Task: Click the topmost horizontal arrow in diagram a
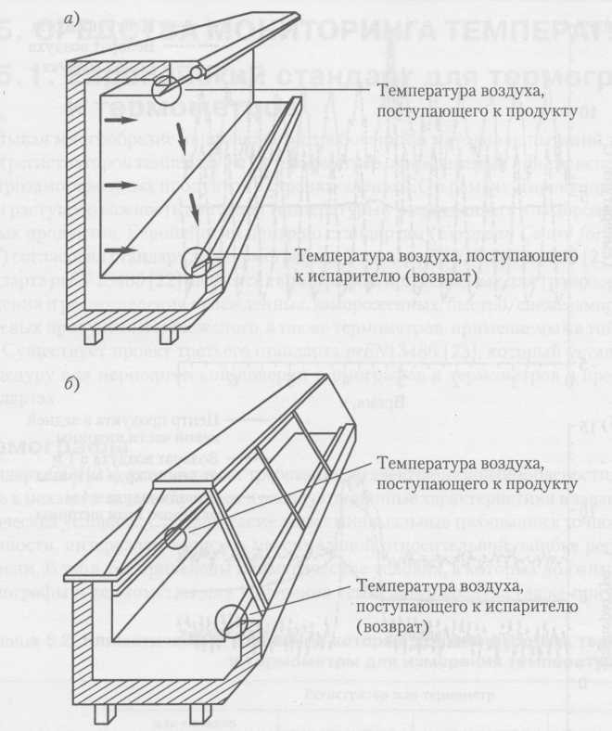point(117,121)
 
